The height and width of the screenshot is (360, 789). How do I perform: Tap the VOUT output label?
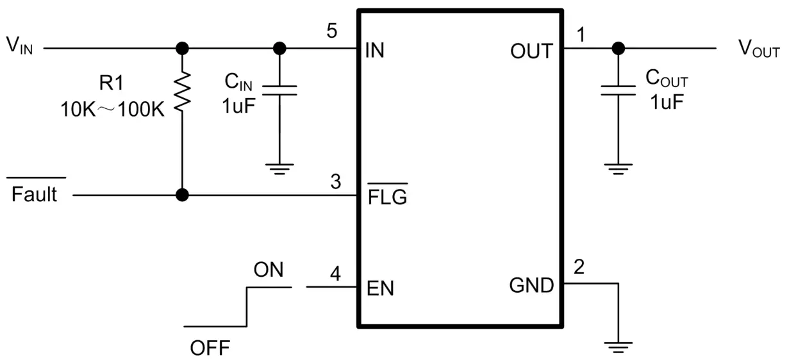(759, 49)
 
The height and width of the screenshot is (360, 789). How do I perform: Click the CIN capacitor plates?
(279, 90)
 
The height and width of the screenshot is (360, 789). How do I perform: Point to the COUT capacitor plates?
(618, 90)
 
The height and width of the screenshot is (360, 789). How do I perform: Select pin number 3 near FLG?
(335, 182)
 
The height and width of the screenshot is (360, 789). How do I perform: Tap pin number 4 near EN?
(335, 274)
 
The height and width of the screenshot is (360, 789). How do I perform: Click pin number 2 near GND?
(579, 268)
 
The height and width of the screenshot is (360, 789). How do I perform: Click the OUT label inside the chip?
(531, 51)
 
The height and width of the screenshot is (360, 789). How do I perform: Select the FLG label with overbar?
(387, 197)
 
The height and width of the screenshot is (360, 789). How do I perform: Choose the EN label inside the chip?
(380, 288)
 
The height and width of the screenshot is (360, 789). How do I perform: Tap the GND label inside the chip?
(531, 286)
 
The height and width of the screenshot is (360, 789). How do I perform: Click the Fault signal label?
(35, 193)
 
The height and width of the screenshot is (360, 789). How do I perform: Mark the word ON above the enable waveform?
(269, 270)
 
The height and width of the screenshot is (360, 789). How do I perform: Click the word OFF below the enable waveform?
(210, 348)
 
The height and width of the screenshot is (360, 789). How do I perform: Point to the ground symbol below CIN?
(279, 168)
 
